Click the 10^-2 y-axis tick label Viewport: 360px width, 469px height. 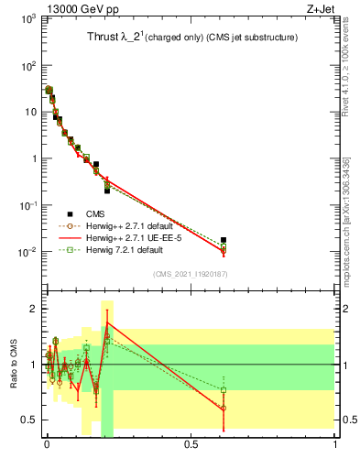point(27,252)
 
